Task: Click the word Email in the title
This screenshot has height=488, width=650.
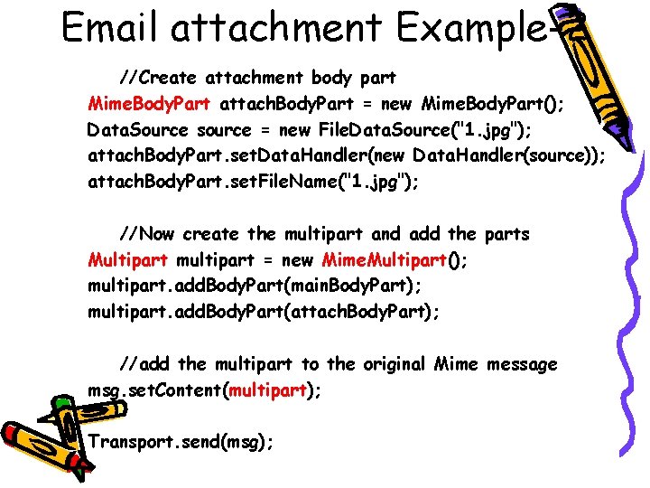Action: click(110, 27)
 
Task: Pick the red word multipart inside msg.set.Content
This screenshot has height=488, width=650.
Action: click(268, 390)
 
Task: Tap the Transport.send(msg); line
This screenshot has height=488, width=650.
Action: click(181, 442)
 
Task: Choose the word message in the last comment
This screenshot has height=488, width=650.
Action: click(519, 364)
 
